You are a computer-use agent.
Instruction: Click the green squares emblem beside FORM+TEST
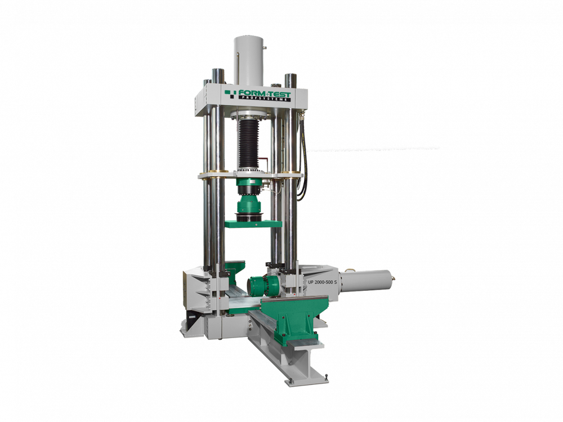[x=231, y=93]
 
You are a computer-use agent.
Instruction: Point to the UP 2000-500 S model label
[x=322, y=282]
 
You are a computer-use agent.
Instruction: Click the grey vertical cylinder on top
[x=248, y=61]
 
